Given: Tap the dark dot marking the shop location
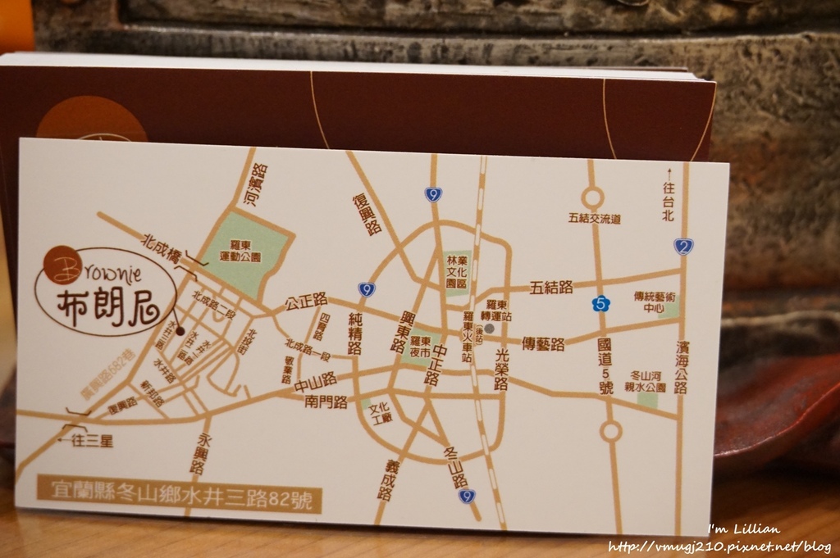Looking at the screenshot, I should [180, 331].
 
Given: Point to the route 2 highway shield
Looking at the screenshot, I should [682, 246].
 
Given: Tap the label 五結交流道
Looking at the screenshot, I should [593, 219].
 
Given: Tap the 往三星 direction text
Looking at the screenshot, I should [88, 441].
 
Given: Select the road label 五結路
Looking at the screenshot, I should [551, 288].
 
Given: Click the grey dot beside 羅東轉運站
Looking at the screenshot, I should [491, 328].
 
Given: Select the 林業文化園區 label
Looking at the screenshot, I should [456, 269].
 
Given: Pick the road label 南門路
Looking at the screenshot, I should [326, 402].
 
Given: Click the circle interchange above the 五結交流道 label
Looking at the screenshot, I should [592, 197].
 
